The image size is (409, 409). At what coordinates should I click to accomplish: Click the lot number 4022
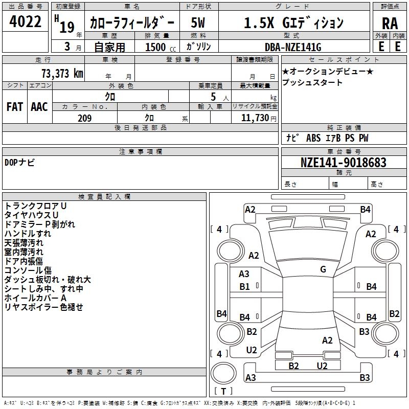(25, 21)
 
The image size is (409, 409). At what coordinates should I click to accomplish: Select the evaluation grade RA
(390, 24)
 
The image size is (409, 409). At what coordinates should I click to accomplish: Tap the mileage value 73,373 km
(62, 74)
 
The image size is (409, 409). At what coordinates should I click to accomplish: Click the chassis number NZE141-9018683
(343, 162)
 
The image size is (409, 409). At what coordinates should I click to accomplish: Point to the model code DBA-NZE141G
(293, 47)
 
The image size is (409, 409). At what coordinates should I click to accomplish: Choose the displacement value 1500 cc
(161, 47)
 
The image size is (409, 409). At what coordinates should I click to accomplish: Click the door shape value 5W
(198, 22)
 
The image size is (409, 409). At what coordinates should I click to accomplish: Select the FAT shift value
(15, 107)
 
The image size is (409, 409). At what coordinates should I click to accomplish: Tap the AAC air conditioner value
(39, 107)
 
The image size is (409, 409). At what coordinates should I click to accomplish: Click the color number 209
(84, 118)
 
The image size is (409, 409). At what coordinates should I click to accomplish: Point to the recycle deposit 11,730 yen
(259, 118)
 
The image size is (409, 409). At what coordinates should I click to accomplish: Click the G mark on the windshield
(323, 269)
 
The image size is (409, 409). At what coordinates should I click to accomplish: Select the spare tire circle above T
(223, 373)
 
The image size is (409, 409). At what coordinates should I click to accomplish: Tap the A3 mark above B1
(244, 274)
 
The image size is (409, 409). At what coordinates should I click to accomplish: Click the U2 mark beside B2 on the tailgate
(322, 366)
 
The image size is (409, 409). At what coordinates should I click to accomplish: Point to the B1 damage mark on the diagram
(244, 287)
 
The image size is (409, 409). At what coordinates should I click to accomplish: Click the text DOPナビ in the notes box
(19, 162)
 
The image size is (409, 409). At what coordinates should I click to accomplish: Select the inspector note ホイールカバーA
(35, 298)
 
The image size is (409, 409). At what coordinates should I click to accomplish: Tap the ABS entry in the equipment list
(313, 138)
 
